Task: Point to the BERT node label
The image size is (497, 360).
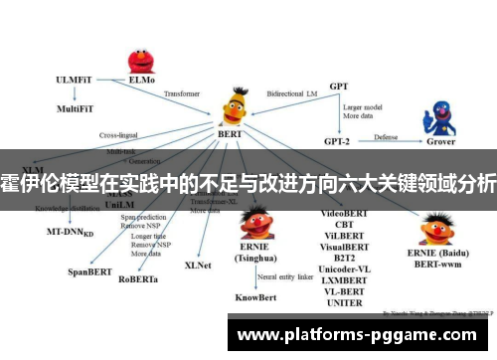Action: click(230, 132)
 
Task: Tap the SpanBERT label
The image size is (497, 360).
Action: click(89, 270)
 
